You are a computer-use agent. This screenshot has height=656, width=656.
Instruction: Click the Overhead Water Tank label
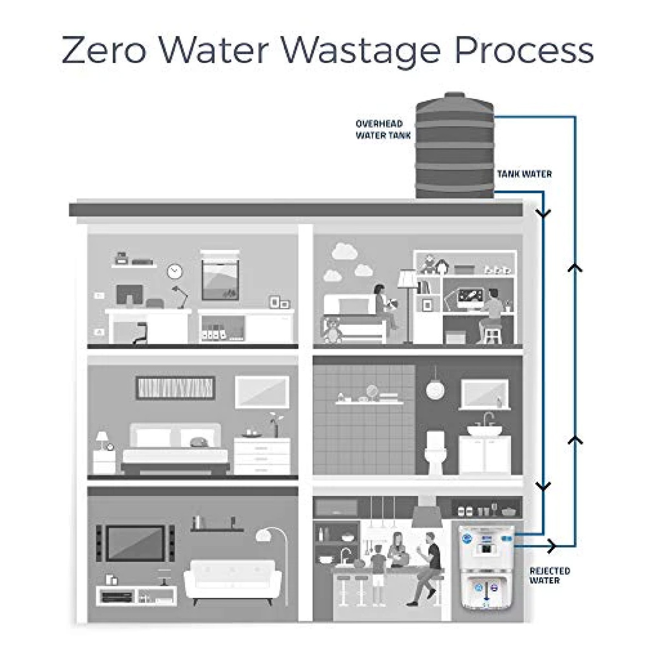click(383, 130)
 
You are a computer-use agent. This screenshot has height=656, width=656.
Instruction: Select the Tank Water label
click(524, 174)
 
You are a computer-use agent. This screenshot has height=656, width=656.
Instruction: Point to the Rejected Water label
click(549, 575)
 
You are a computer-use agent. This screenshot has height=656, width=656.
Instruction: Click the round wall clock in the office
click(175, 270)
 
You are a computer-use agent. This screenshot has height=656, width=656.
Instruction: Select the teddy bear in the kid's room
click(332, 330)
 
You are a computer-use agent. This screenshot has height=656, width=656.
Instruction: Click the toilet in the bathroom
click(436, 451)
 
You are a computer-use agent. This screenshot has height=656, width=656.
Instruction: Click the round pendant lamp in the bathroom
click(435, 390)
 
